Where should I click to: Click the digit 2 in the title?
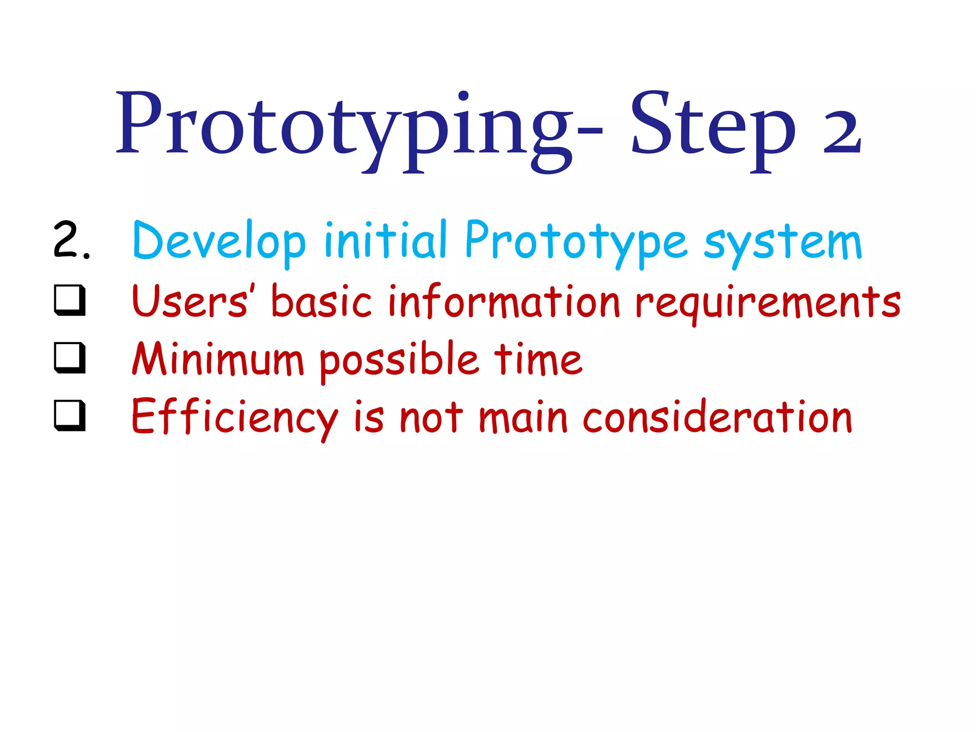842,131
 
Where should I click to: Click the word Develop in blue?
219,241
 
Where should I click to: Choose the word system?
783,243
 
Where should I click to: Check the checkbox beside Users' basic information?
70,300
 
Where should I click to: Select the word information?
504,301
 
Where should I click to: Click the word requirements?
768,303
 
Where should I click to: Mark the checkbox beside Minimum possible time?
70,358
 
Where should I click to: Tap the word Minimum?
218,359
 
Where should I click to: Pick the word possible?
398,360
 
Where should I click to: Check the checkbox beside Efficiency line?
70,416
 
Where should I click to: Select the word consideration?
717,417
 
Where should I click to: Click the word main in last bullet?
523,418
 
